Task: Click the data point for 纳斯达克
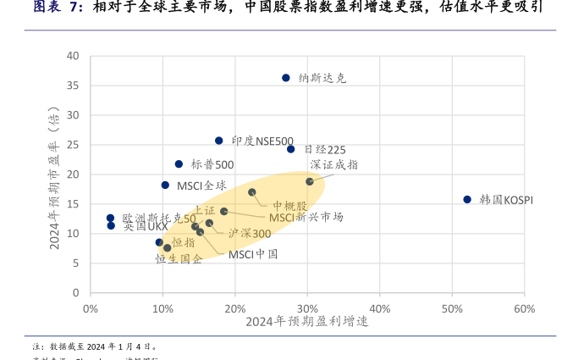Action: (x=286, y=78)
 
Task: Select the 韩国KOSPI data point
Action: (x=467, y=200)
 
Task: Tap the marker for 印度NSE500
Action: (x=218, y=141)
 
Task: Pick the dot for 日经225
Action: (x=291, y=149)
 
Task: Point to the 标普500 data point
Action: (x=179, y=164)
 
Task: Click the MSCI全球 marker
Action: (x=165, y=186)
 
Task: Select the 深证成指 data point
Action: (x=310, y=181)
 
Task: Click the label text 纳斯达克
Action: (x=322, y=78)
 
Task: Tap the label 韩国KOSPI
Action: (x=506, y=201)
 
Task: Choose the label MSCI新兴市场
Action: (x=306, y=218)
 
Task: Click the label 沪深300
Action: (x=250, y=234)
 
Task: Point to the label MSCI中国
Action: (x=253, y=254)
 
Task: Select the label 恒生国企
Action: (x=179, y=259)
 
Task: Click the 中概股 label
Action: (x=290, y=206)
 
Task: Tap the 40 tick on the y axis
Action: (x=74, y=57)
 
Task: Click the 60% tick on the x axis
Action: (x=525, y=308)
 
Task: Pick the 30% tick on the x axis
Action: (x=307, y=308)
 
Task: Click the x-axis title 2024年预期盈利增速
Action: (x=307, y=323)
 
